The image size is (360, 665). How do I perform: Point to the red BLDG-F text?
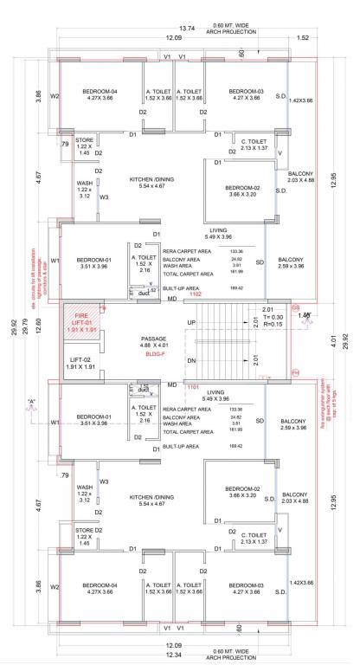pos(156,354)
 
